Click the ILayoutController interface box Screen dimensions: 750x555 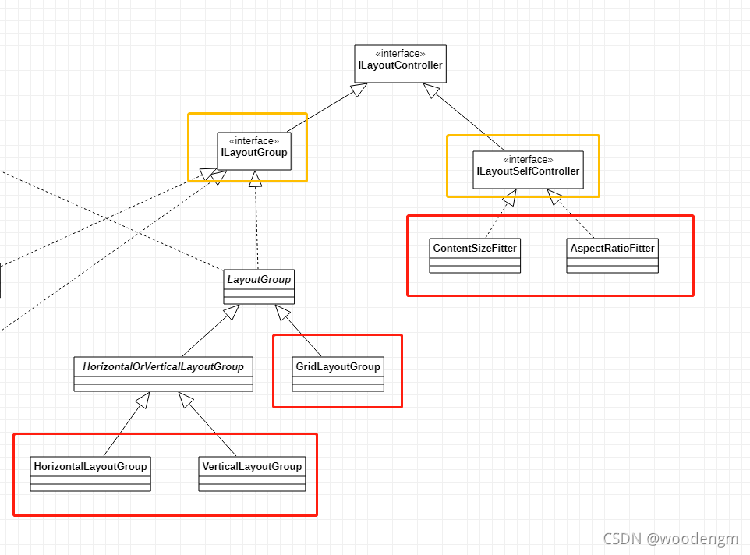pos(401,64)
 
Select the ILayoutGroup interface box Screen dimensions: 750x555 pos(254,151)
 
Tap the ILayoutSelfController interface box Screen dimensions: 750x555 pos(528,170)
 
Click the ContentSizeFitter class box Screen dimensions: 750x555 pos(475,256)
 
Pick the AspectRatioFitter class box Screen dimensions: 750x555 pos(612,256)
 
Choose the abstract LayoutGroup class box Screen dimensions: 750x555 pos(259,287)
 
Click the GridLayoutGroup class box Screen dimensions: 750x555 pos(338,374)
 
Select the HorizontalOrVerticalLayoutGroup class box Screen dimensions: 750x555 pos(164,374)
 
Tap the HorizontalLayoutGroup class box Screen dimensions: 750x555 pos(90,474)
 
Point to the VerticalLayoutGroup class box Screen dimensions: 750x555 pos(252,474)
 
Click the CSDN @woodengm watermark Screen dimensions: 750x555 pos(670,539)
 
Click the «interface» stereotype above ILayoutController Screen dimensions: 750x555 pos(401,54)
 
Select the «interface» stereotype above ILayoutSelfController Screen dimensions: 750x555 pos(528,159)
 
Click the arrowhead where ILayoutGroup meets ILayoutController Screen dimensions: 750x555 pos(359,90)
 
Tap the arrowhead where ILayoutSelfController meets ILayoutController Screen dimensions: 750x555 pos(431,90)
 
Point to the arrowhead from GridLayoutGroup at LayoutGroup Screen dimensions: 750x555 pos(283,312)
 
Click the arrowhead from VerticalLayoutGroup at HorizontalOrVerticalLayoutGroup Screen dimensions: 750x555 pos(186,400)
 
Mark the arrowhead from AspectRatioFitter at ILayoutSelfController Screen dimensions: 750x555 pos(554,197)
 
